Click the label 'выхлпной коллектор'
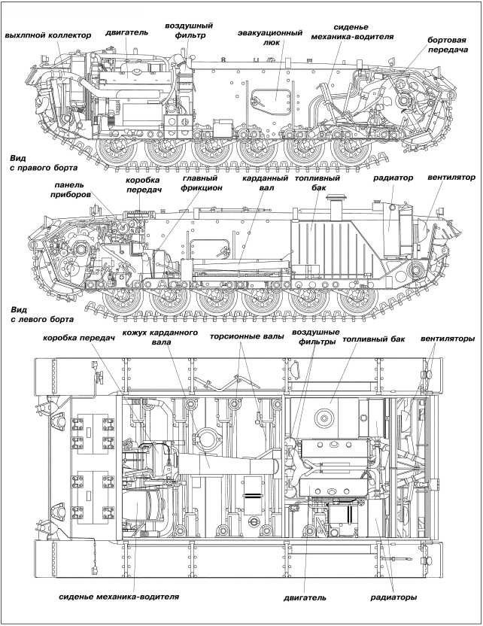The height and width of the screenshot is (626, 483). coord(47,35)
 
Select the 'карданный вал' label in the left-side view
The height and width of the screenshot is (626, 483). coord(261,184)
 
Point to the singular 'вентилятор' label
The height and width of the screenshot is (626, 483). coord(451,178)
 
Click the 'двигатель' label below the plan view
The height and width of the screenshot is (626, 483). coord(305,599)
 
